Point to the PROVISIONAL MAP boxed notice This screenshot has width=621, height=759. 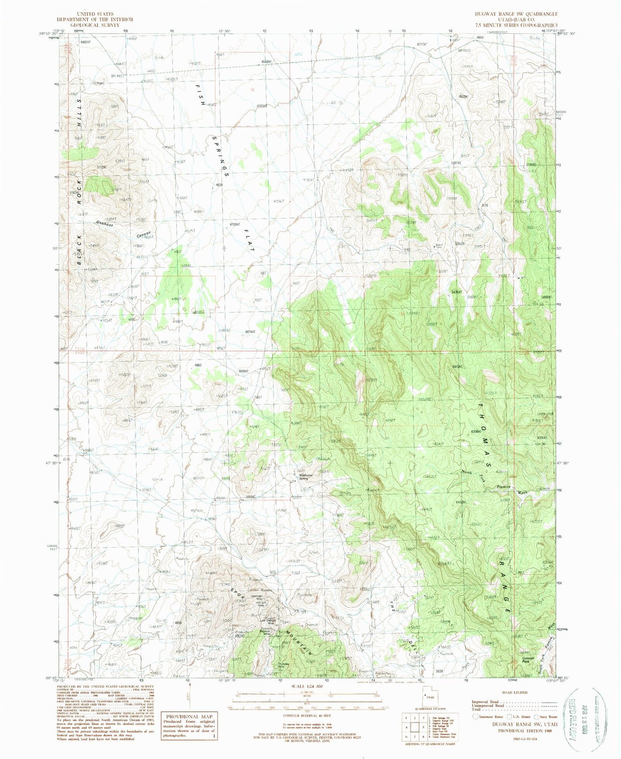(x=190, y=725)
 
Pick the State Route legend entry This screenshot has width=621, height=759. (x=546, y=716)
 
